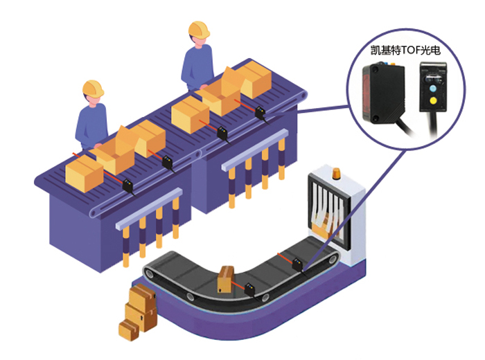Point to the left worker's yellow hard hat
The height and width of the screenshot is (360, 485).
(x=93, y=88)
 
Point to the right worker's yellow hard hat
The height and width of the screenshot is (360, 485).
(x=199, y=29)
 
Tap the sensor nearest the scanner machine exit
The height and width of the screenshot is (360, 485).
(x=299, y=264)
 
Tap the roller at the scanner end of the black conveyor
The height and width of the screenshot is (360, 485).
(x=334, y=260)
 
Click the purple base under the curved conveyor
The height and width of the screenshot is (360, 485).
(x=229, y=331)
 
